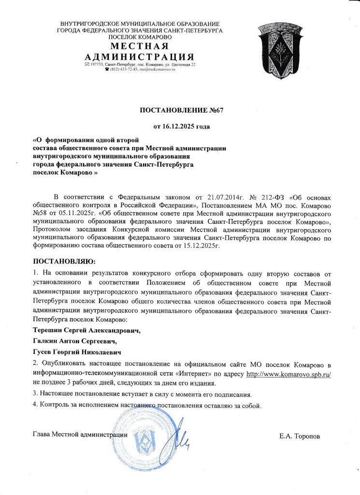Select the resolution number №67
click(216, 110)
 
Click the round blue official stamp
click(144, 439)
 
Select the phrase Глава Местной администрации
click(80, 434)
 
